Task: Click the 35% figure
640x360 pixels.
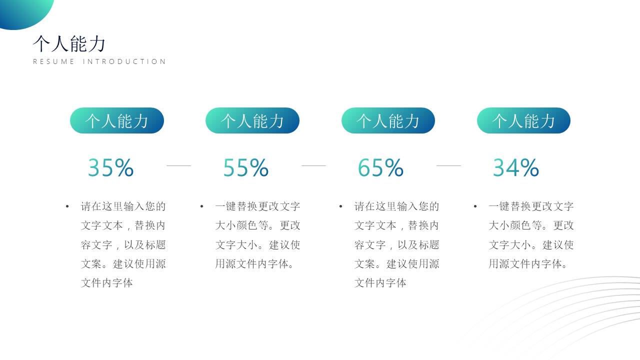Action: [x=110, y=168]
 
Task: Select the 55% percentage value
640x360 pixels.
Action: [x=245, y=168]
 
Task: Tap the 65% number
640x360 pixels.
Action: [x=380, y=168]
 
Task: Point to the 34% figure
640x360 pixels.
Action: [x=515, y=168]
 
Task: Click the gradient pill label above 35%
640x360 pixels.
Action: [x=117, y=120]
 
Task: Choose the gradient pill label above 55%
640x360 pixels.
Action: [x=252, y=120]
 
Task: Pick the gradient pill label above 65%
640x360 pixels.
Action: [x=388, y=120]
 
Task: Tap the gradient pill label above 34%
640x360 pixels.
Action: [x=523, y=120]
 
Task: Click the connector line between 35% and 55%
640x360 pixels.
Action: [x=178, y=165]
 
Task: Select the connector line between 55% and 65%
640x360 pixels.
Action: [x=313, y=165]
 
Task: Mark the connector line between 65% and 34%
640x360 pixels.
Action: [x=448, y=165]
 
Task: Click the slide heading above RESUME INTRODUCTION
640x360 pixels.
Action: [x=69, y=44]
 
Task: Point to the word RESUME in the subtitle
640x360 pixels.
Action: [x=53, y=61]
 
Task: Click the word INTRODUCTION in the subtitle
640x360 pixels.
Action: [x=124, y=61]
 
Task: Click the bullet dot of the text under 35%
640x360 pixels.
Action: [x=67, y=206]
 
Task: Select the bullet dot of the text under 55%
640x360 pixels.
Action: [x=202, y=206]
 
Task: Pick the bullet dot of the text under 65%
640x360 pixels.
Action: [x=341, y=206]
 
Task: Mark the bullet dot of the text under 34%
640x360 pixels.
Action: [x=475, y=206]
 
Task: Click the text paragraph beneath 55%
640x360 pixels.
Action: [x=257, y=235]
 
